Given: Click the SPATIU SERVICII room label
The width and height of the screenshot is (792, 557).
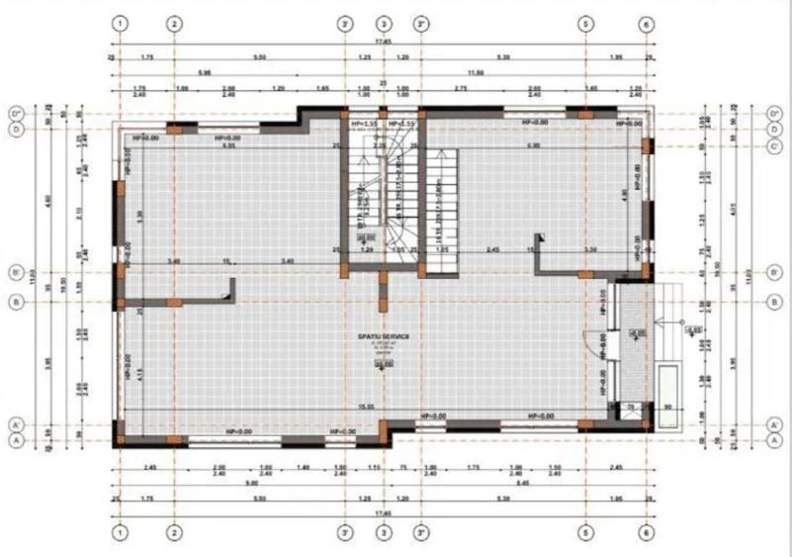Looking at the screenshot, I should [x=383, y=337].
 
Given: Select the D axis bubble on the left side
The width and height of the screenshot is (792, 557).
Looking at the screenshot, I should [x=16, y=129].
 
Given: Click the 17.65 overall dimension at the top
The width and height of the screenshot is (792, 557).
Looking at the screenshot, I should [x=382, y=42].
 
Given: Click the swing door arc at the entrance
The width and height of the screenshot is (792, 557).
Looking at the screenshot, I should [x=599, y=342].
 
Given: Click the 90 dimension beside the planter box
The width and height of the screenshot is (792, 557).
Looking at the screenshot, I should [x=668, y=407].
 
